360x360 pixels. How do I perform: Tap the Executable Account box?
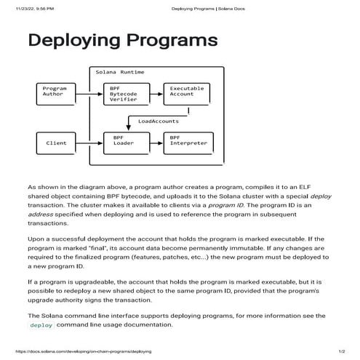(182, 92)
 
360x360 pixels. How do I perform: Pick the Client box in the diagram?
(56, 143)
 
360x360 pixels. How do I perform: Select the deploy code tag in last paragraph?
(41, 325)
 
